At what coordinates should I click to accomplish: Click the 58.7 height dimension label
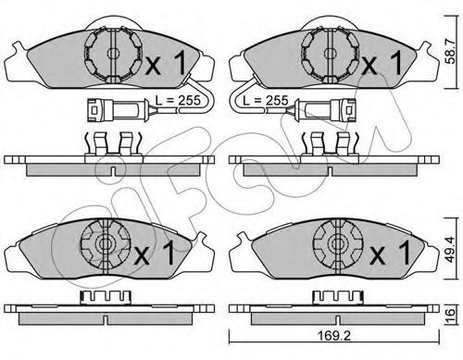(x=451, y=52)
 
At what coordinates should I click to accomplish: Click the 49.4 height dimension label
(x=450, y=249)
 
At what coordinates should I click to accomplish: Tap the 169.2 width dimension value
(x=334, y=336)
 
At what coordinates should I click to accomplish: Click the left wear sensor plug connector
(x=115, y=110)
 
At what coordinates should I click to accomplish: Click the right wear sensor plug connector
(x=327, y=110)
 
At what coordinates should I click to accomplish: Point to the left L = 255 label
(x=178, y=100)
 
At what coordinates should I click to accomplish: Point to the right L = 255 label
(x=266, y=100)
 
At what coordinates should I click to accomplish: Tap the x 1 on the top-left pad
(x=166, y=63)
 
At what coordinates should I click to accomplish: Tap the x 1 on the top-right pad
(x=382, y=63)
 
